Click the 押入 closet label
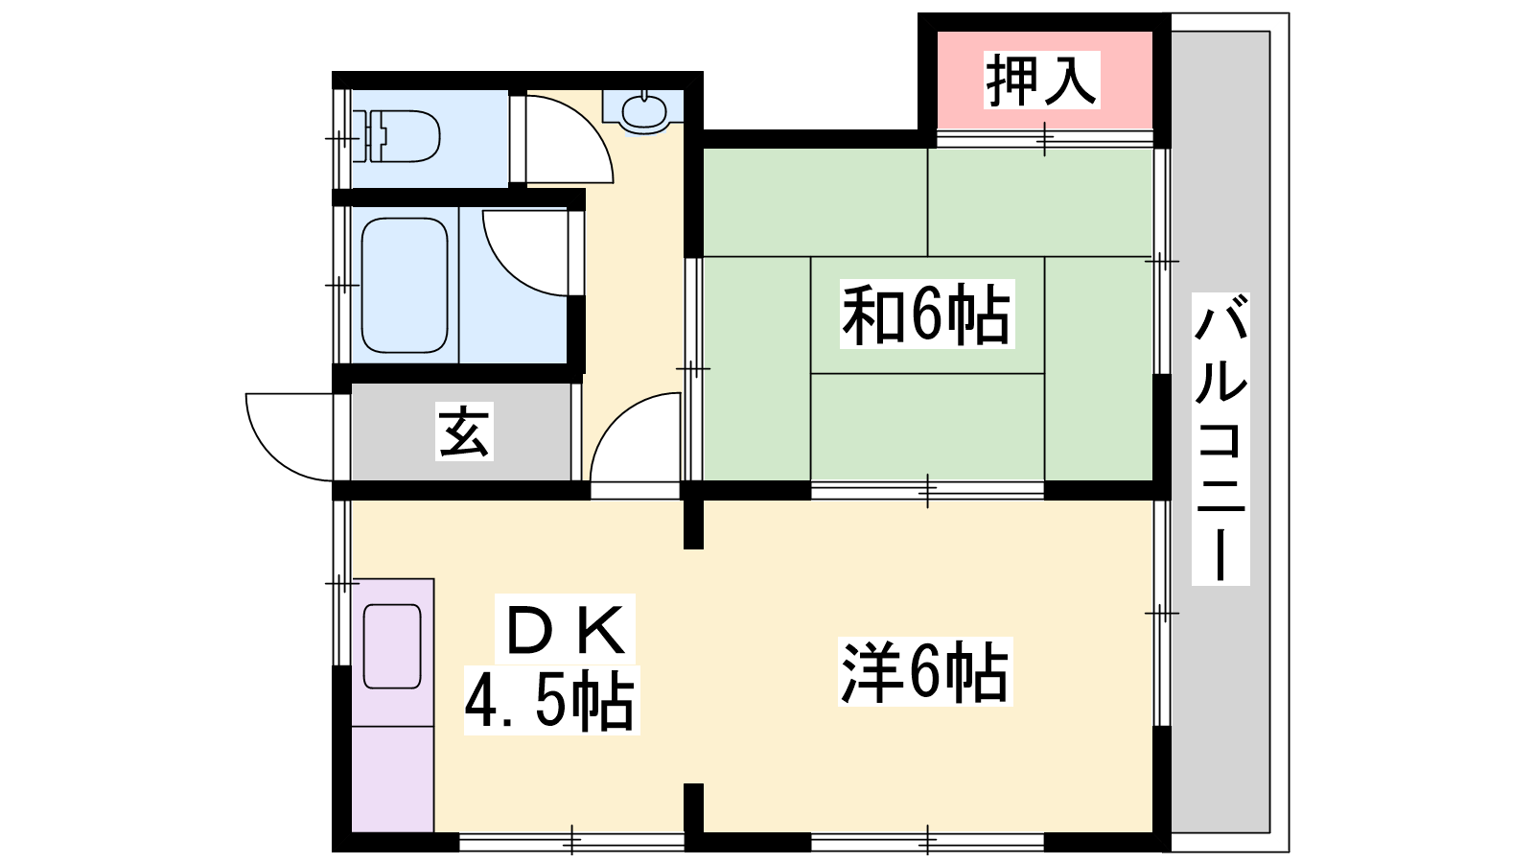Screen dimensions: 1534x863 1041,81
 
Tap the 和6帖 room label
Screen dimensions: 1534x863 926,315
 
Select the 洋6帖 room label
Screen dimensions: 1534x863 925,672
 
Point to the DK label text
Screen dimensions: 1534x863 565,629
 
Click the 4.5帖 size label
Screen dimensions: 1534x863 551,700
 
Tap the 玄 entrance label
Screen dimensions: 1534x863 464,431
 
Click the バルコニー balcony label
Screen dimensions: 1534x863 1220,439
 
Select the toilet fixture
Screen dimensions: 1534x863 398,137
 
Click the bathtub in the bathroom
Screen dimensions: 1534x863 405,285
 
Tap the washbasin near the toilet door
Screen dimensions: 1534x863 643,111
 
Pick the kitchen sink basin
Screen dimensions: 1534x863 392,646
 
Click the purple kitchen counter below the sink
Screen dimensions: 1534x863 392,779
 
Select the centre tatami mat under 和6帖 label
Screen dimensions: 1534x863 927,315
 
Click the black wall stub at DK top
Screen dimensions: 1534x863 694,524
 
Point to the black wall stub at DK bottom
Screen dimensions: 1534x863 694,808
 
